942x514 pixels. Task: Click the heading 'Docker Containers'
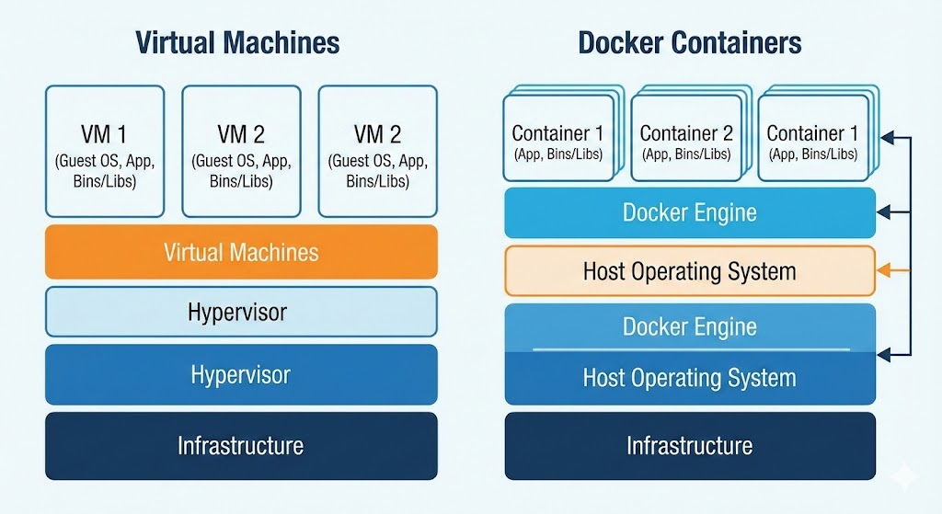coord(689,42)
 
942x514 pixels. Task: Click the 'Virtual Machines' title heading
coord(237,42)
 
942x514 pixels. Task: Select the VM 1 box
coord(105,150)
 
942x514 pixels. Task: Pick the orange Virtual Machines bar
coord(241,252)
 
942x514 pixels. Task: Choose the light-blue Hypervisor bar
coord(241,312)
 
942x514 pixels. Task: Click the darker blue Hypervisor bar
coord(241,374)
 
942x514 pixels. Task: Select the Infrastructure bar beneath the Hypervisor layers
coord(241,446)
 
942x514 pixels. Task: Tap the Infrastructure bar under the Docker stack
coord(690,446)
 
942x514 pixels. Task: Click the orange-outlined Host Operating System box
coord(690,271)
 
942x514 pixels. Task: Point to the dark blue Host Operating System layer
coord(690,378)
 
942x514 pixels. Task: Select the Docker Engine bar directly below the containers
coord(690,213)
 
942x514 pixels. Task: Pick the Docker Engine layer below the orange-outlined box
coord(690,326)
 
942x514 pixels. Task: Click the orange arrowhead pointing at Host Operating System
coord(883,271)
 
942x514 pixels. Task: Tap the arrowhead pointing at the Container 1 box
coord(885,138)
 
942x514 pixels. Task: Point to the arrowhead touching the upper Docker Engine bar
coord(883,213)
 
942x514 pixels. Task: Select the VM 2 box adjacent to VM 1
coord(241,150)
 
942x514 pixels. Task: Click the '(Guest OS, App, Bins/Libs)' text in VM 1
coord(105,172)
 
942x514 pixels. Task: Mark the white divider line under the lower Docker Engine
coord(690,350)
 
